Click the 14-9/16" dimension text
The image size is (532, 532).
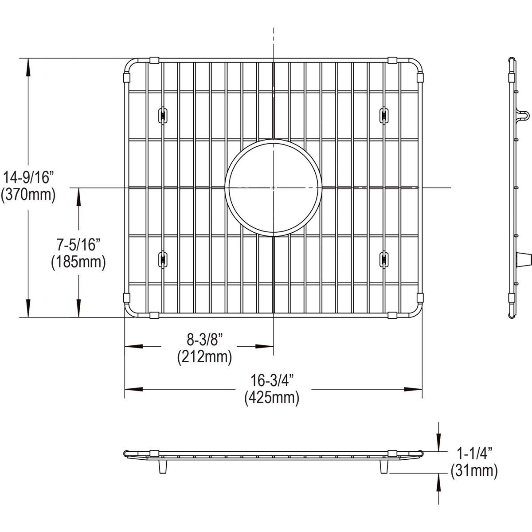click(28, 179)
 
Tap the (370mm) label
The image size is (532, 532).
click(28, 195)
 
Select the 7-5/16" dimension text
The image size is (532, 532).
click(78, 245)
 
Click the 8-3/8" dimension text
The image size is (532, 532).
click(204, 340)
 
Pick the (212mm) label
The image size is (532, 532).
click(204, 356)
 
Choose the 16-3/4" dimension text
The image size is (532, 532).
click(272, 381)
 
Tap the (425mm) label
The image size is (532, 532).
click(272, 398)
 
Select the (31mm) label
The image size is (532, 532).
click(473, 471)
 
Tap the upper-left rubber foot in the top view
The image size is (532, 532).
click(162, 115)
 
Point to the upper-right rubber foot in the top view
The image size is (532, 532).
click(383, 115)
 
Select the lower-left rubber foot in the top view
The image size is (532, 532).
click(162, 259)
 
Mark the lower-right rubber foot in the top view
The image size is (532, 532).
click(383, 259)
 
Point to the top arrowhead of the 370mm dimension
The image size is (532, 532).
click(28, 66)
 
